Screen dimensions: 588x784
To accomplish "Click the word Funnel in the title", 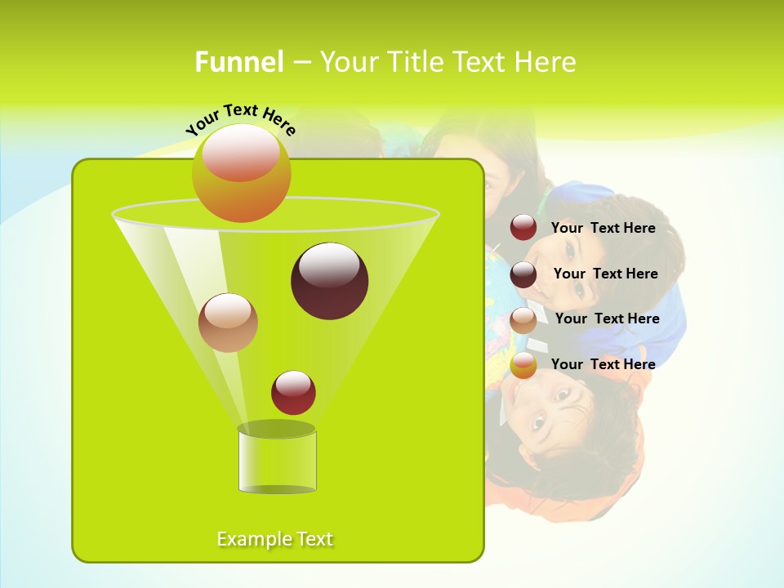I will tap(239, 62).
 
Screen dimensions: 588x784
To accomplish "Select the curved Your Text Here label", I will tap(240, 119).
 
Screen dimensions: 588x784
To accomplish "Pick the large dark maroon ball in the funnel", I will tap(329, 282).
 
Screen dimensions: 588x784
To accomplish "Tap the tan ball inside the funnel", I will tap(228, 323).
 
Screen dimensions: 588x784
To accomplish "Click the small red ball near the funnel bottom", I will tap(293, 393).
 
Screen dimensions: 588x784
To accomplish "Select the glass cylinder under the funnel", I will tap(277, 460).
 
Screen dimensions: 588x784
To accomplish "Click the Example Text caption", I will tap(275, 539).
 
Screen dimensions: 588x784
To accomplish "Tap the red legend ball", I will tap(523, 228).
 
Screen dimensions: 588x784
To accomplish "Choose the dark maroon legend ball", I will tap(523, 274).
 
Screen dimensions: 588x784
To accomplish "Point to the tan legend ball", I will tap(523, 320).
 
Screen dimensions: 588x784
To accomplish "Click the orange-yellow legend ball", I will tap(523, 365).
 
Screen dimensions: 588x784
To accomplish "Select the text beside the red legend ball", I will tap(603, 229).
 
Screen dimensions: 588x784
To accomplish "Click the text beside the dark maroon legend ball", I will tap(605, 274).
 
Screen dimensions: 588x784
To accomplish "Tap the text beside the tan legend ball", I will tap(607, 319).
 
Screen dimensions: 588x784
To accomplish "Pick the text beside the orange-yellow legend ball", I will tap(603, 364).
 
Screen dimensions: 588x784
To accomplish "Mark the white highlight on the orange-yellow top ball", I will tap(240, 153).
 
